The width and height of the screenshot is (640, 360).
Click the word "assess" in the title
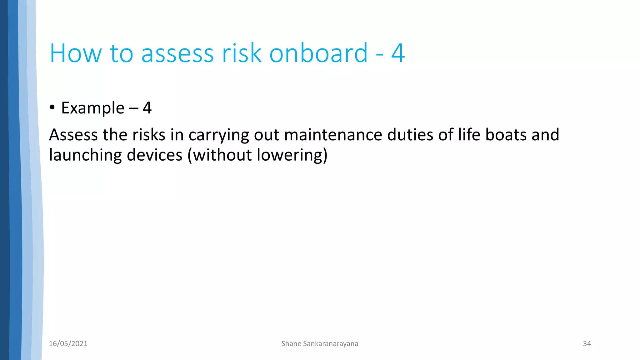pos(177,53)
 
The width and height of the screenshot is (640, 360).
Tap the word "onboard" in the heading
pos(318,53)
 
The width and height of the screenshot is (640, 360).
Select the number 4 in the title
pos(398,53)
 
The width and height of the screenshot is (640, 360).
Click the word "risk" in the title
pos(241,53)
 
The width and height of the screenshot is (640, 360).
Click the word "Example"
pos(93,108)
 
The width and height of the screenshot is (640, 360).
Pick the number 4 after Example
pos(147,108)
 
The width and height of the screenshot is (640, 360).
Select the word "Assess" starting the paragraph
pos(73,135)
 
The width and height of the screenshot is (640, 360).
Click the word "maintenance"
pos(333,135)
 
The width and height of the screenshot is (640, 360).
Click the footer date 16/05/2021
pos(68,344)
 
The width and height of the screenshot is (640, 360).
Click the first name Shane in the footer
pos(291,344)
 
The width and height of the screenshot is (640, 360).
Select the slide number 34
pos(587,344)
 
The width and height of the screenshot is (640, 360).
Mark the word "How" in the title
pos(76,53)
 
